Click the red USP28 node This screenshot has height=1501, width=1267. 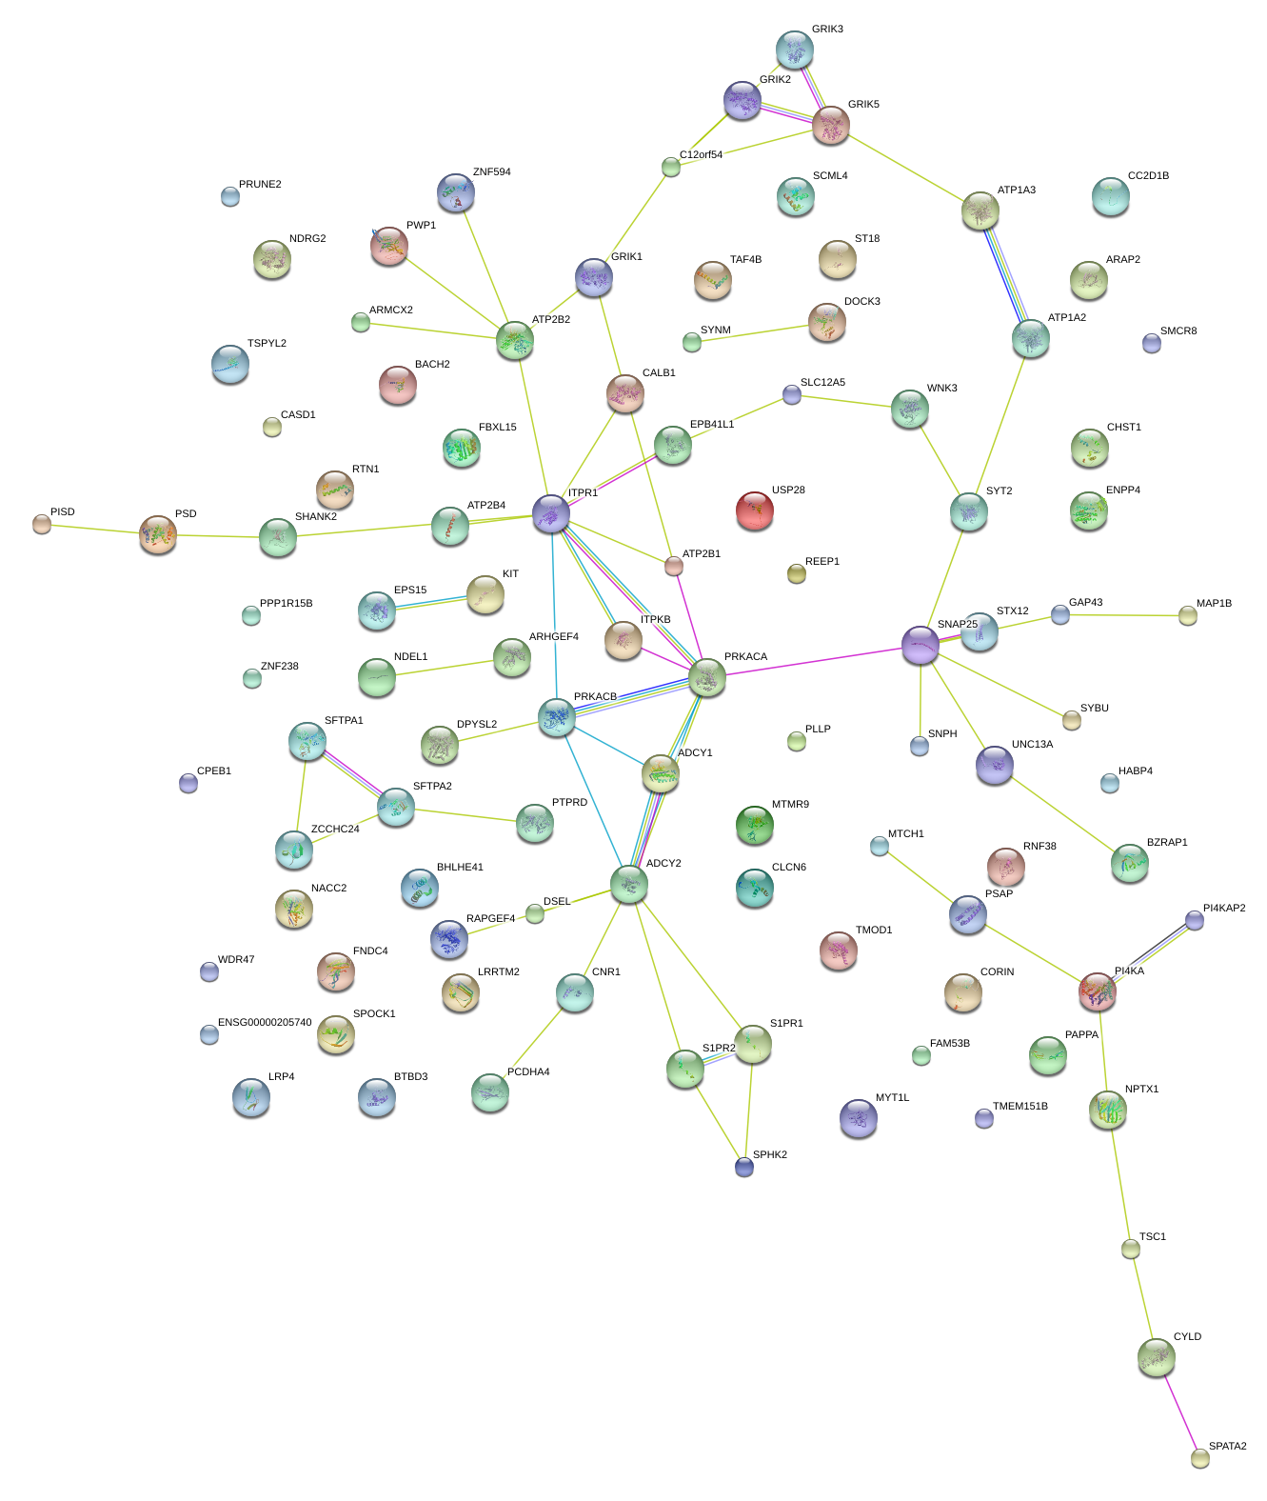tap(754, 510)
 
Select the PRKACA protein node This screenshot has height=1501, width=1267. tap(706, 677)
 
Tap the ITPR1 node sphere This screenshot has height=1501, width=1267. tap(551, 513)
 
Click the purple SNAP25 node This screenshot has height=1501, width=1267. tap(920, 645)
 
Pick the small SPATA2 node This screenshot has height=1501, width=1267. tap(1200, 1458)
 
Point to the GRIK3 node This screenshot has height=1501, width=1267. tap(794, 50)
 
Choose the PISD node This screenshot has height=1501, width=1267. tap(42, 524)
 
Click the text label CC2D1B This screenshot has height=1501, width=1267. tap(1148, 176)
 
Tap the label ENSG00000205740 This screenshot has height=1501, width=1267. tap(265, 1023)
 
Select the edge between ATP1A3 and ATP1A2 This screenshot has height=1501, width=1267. tap(1005, 275)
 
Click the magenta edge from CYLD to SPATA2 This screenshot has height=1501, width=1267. tap(1178, 1409)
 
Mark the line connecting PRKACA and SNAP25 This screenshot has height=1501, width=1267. tap(814, 661)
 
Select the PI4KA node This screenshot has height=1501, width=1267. tap(1098, 991)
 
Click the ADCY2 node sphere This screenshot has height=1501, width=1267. tap(628, 884)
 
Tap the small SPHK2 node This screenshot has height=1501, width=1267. tap(744, 1167)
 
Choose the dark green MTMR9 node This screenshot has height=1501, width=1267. tap(754, 824)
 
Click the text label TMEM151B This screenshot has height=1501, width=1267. tap(1020, 1107)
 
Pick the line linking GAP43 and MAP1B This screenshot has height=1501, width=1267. tap(1124, 615)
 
